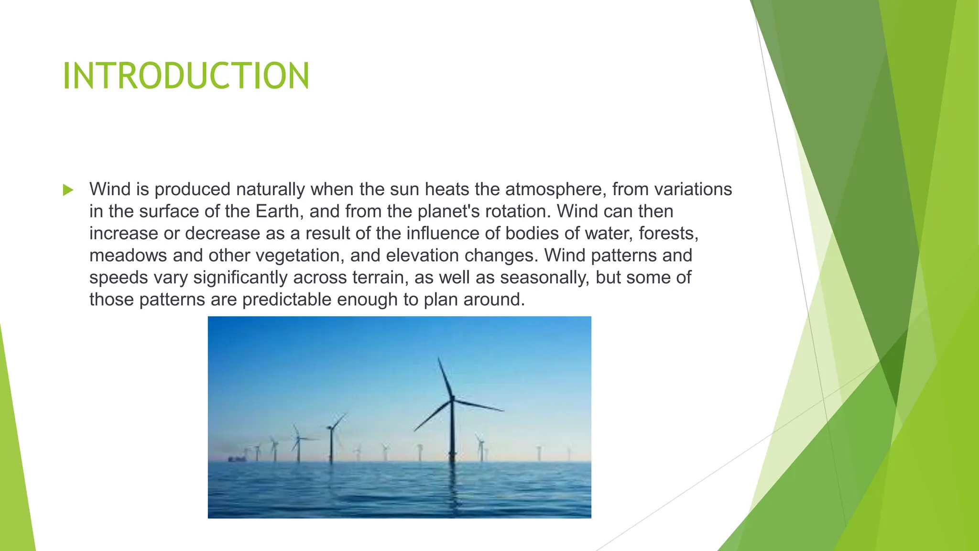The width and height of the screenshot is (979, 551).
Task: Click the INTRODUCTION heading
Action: coord(186,76)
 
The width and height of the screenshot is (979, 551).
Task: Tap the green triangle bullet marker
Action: coord(68,190)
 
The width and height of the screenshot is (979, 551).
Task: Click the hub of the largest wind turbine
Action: coord(452,398)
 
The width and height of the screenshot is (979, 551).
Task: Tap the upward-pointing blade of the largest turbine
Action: coord(445,375)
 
